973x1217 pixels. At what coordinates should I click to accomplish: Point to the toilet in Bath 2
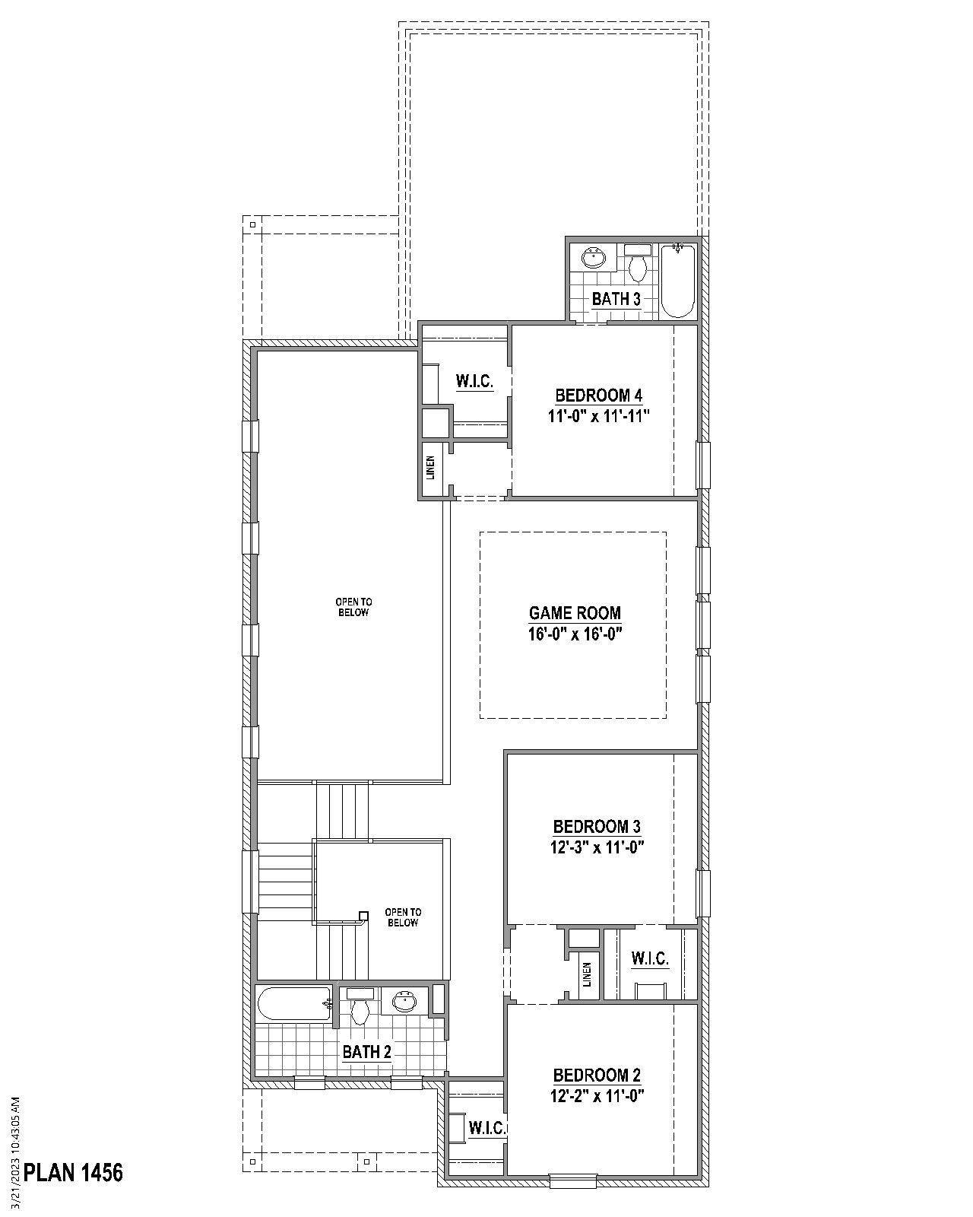pos(360,1007)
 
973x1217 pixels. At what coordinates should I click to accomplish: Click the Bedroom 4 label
pos(599,396)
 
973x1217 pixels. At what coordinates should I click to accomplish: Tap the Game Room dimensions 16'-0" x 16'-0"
pos(575,634)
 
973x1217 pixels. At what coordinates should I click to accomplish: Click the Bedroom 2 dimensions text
pos(597,1096)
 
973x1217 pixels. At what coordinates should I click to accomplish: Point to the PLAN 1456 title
pos(73,1172)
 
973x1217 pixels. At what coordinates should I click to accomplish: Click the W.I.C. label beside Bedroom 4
pos(474,382)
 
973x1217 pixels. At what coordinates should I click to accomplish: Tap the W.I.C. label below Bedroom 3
pos(650,959)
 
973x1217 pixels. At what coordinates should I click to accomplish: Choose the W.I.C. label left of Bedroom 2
pos(487,1128)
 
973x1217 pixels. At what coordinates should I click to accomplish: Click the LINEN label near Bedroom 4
pos(431,468)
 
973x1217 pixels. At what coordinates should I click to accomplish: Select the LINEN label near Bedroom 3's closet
pos(587,974)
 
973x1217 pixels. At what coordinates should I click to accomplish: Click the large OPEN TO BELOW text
pos(353,607)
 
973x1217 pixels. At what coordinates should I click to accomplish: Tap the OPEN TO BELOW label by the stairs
pos(403,917)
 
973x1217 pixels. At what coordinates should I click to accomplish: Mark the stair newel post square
pos(363,915)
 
